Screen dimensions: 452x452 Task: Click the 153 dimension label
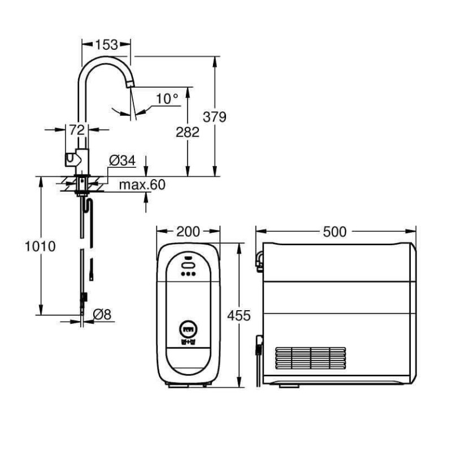[106, 45]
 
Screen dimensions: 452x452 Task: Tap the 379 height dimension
[215, 117]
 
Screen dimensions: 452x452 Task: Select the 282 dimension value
[188, 132]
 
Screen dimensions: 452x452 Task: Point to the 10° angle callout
[167, 99]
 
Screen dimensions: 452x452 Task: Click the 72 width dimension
[77, 130]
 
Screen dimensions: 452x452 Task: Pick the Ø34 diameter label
[122, 160]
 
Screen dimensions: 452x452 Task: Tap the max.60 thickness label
[142, 185]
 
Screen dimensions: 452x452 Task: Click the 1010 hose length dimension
[40, 246]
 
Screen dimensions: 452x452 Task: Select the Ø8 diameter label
[102, 314]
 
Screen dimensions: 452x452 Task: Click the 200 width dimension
[188, 232]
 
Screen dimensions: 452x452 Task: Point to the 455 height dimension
[239, 316]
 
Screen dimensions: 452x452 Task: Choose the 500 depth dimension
[334, 232]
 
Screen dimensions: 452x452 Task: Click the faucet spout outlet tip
[131, 85]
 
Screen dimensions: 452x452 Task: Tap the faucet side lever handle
[71, 159]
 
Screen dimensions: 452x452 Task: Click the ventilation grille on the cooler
[310, 358]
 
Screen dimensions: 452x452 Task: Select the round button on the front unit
[188, 329]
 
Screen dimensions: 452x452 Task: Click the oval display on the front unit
[188, 265]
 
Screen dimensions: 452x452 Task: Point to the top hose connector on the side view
[259, 261]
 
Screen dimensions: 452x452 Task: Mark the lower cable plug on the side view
[259, 345]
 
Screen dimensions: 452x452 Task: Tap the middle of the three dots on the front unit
[188, 274]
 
